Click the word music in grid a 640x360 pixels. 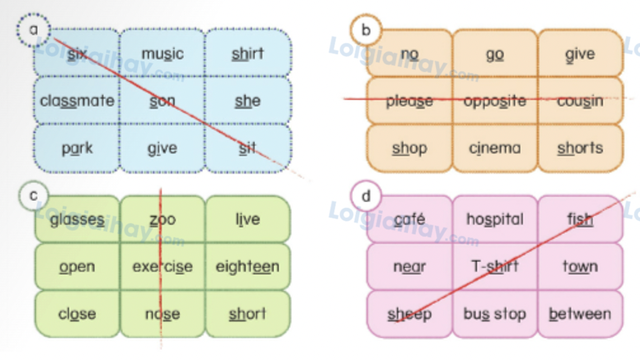162,54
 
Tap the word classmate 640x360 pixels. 77,100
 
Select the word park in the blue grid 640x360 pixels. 77,148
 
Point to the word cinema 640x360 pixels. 495,148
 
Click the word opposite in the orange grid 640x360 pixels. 495,101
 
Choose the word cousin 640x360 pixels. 579,101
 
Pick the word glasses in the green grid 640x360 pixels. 77,219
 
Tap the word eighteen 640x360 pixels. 247,266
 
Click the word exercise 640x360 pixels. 162,266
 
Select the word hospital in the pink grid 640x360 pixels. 495,219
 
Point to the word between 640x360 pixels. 579,313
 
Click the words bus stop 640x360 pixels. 495,313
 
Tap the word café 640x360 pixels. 409,219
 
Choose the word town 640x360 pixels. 579,266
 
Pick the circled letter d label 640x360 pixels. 366,196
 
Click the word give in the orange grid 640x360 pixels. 579,54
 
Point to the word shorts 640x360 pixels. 579,148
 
